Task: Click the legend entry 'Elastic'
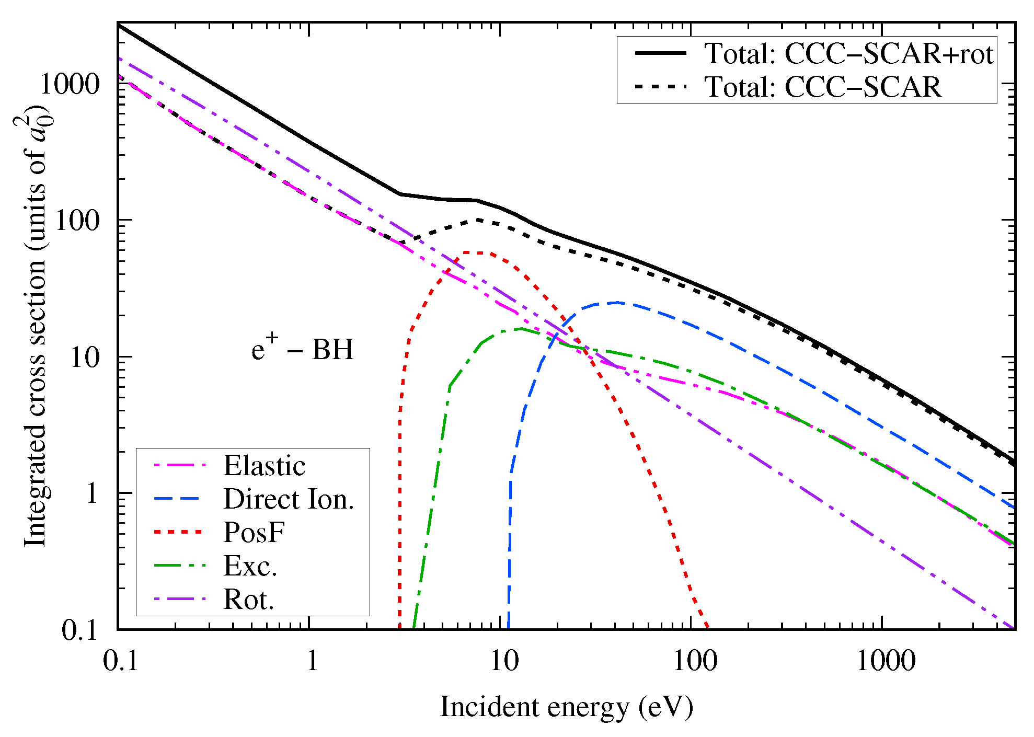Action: pyautogui.click(x=264, y=466)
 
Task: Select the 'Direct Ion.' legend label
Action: pyautogui.click(x=289, y=499)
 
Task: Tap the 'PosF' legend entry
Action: pyautogui.click(x=254, y=533)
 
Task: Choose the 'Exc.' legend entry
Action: pyautogui.click(x=250, y=566)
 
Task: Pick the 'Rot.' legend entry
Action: pyautogui.click(x=248, y=600)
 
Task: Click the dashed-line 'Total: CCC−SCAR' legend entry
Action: pyautogui.click(x=823, y=87)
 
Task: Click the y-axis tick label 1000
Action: pyautogui.click(x=69, y=84)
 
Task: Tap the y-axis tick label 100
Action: pyautogui.click(x=77, y=221)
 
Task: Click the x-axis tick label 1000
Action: pyautogui.click(x=886, y=661)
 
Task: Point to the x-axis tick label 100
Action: pyautogui.click(x=695, y=661)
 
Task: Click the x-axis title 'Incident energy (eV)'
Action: pyautogui.click(x=566, y=707)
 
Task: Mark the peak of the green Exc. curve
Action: pyautogui.click(x=521, y=329)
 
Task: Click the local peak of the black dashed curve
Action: pyautogui.click(x=478, y=220)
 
